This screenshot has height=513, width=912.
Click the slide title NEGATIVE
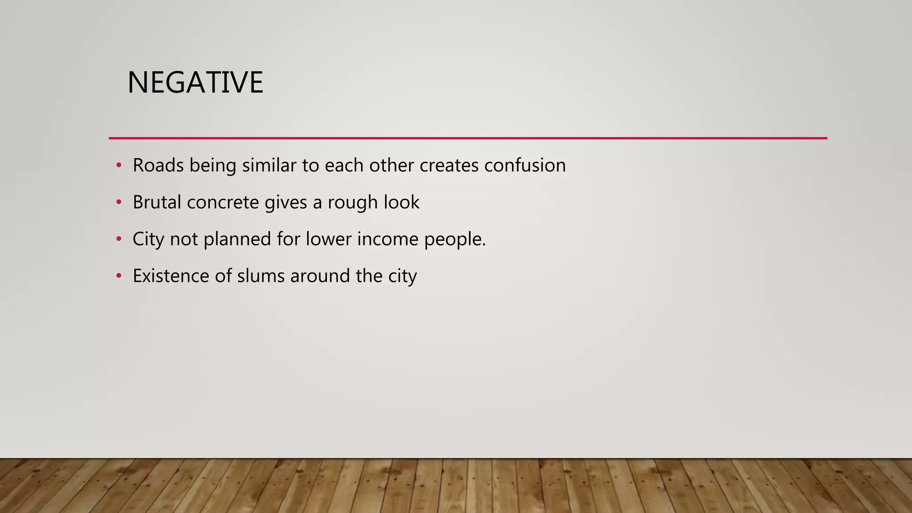195,82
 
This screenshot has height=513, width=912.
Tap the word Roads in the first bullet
158,165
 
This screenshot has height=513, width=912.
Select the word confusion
525,165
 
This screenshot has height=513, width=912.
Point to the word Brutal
157,202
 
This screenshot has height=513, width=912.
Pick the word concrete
223,202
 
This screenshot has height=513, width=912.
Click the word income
387,239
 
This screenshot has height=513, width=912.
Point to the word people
454,240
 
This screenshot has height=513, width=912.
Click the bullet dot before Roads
118,166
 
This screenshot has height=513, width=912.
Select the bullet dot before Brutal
118,203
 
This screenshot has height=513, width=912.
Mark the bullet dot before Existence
118,276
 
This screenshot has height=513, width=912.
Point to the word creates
449,165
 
